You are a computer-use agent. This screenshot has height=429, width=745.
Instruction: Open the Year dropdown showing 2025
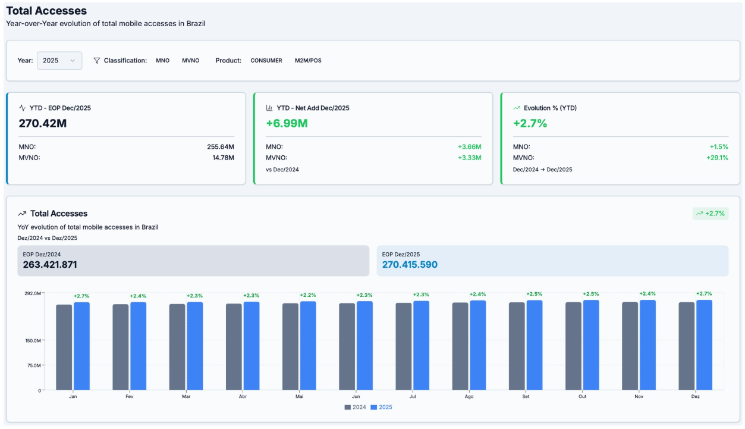[59, 61]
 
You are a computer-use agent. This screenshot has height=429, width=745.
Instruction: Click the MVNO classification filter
[190, 61]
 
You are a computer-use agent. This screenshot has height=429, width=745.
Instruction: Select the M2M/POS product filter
[308, 61]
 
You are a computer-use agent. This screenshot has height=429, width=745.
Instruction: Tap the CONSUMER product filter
[266, 61]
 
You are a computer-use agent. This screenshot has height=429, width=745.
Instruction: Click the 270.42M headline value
[43, 124]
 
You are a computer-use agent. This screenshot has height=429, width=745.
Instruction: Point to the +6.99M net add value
[287, 124]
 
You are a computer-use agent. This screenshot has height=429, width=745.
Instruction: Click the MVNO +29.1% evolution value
[719, 158]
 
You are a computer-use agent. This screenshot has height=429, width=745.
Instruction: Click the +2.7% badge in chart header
[711, 214]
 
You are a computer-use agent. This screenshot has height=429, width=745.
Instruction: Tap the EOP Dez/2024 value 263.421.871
[50, 265]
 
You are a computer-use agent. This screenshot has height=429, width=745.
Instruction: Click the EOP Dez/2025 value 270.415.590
[410, 265]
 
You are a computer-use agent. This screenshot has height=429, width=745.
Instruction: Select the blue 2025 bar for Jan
[81, 346]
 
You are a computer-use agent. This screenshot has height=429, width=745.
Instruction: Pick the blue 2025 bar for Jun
[364, 345]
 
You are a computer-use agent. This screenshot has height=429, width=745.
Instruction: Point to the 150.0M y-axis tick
[33, 341]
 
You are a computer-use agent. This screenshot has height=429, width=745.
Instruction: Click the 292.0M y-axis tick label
[33, 293]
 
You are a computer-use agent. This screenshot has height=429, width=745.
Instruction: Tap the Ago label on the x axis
[469, 397]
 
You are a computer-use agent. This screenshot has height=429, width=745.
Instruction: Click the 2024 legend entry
[356, 408]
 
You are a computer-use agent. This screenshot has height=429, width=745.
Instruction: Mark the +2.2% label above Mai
[307, 295]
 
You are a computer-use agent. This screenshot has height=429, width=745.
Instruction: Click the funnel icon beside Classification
[97, 61]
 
